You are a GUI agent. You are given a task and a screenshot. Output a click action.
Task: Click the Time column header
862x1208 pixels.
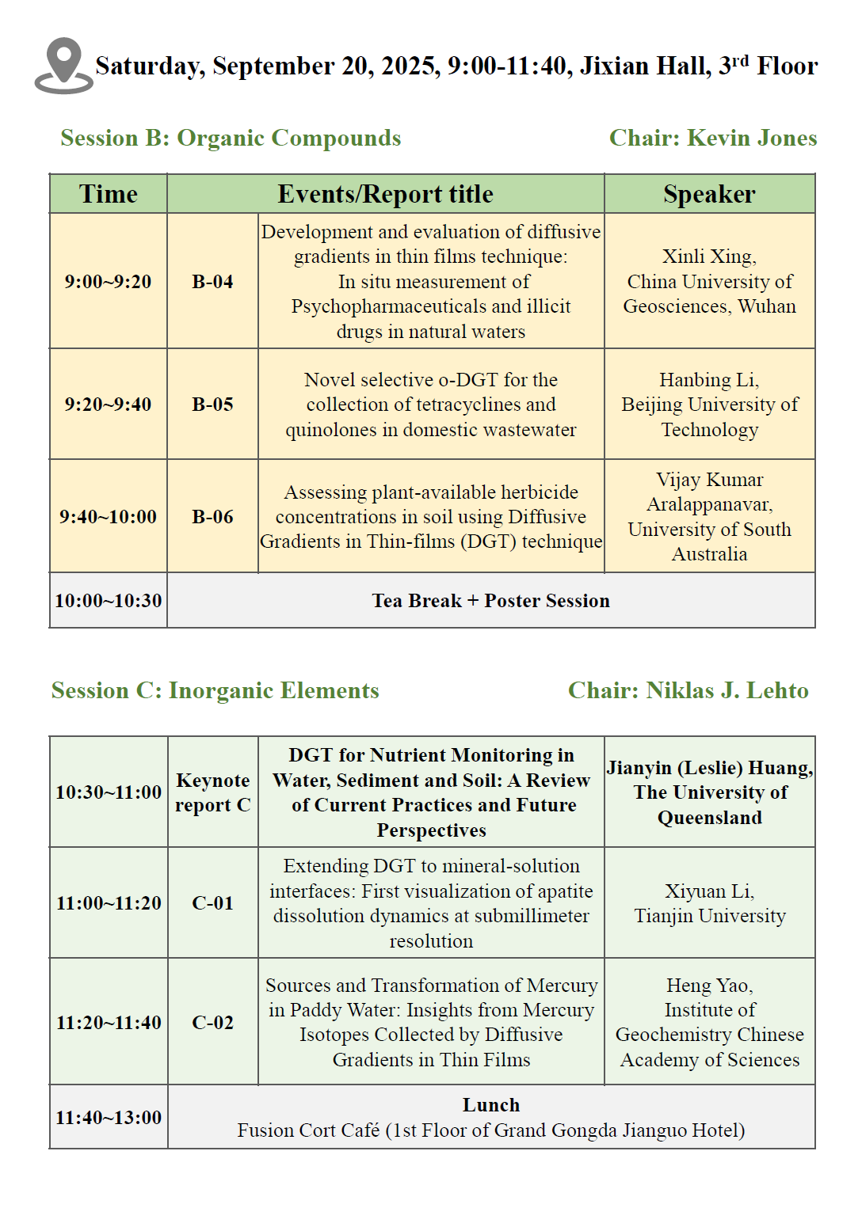[108, 194]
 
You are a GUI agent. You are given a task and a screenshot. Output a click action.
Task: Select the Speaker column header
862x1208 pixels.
[709, 194]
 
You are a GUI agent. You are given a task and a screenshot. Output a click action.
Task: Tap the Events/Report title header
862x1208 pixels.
[385, 194]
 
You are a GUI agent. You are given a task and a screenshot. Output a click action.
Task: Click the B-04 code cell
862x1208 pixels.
[212, 282]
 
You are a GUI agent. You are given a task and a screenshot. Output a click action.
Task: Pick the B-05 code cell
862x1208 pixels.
[212, 405]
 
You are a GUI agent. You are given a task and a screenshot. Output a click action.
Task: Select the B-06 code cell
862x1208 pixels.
[212, 517]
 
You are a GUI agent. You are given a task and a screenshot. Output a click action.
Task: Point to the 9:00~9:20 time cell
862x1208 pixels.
[108, 282]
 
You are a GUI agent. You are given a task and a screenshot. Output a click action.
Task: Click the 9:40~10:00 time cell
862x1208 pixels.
[108, 517]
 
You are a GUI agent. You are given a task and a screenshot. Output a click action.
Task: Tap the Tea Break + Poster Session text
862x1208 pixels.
[490, 601]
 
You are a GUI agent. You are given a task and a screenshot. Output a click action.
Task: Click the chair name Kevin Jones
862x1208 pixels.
[752, 138]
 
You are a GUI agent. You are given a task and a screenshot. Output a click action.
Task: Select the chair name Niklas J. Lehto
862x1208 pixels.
[727, 690]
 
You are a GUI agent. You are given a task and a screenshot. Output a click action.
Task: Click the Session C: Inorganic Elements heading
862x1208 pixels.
[215, 690]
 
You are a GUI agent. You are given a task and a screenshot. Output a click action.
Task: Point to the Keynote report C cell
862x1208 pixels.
[212, 792]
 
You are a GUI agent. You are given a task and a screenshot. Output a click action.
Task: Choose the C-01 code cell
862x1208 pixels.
[212, 903]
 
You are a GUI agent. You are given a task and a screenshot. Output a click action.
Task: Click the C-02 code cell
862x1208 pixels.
[212, 1023]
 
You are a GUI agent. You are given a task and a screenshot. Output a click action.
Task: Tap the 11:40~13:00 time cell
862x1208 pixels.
[109, 1118]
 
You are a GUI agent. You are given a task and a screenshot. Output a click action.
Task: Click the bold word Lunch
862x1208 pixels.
[491, 1105]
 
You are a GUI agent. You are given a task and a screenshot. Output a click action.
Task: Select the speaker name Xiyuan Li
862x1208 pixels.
[709, 891]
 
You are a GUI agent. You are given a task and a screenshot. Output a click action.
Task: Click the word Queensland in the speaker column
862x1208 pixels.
[709, 818]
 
